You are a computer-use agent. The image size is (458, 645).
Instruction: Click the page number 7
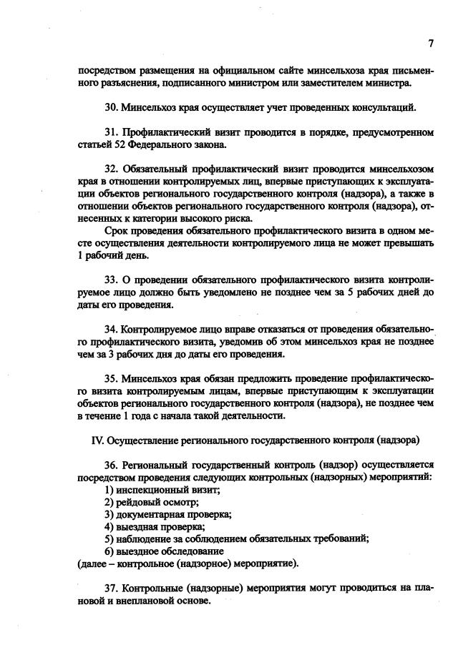[x=431, y=43]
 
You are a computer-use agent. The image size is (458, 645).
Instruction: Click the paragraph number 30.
[x=111, y=108]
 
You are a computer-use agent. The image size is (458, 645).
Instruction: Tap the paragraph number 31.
[x=111, y=133]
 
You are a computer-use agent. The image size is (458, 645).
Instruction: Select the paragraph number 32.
[x=111, y=170]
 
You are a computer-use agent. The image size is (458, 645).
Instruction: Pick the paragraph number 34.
[x=111, y=330]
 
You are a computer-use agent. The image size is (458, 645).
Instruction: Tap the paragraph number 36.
[x=111, y=466]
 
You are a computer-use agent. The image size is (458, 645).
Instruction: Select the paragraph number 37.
[x=111, y=589]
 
